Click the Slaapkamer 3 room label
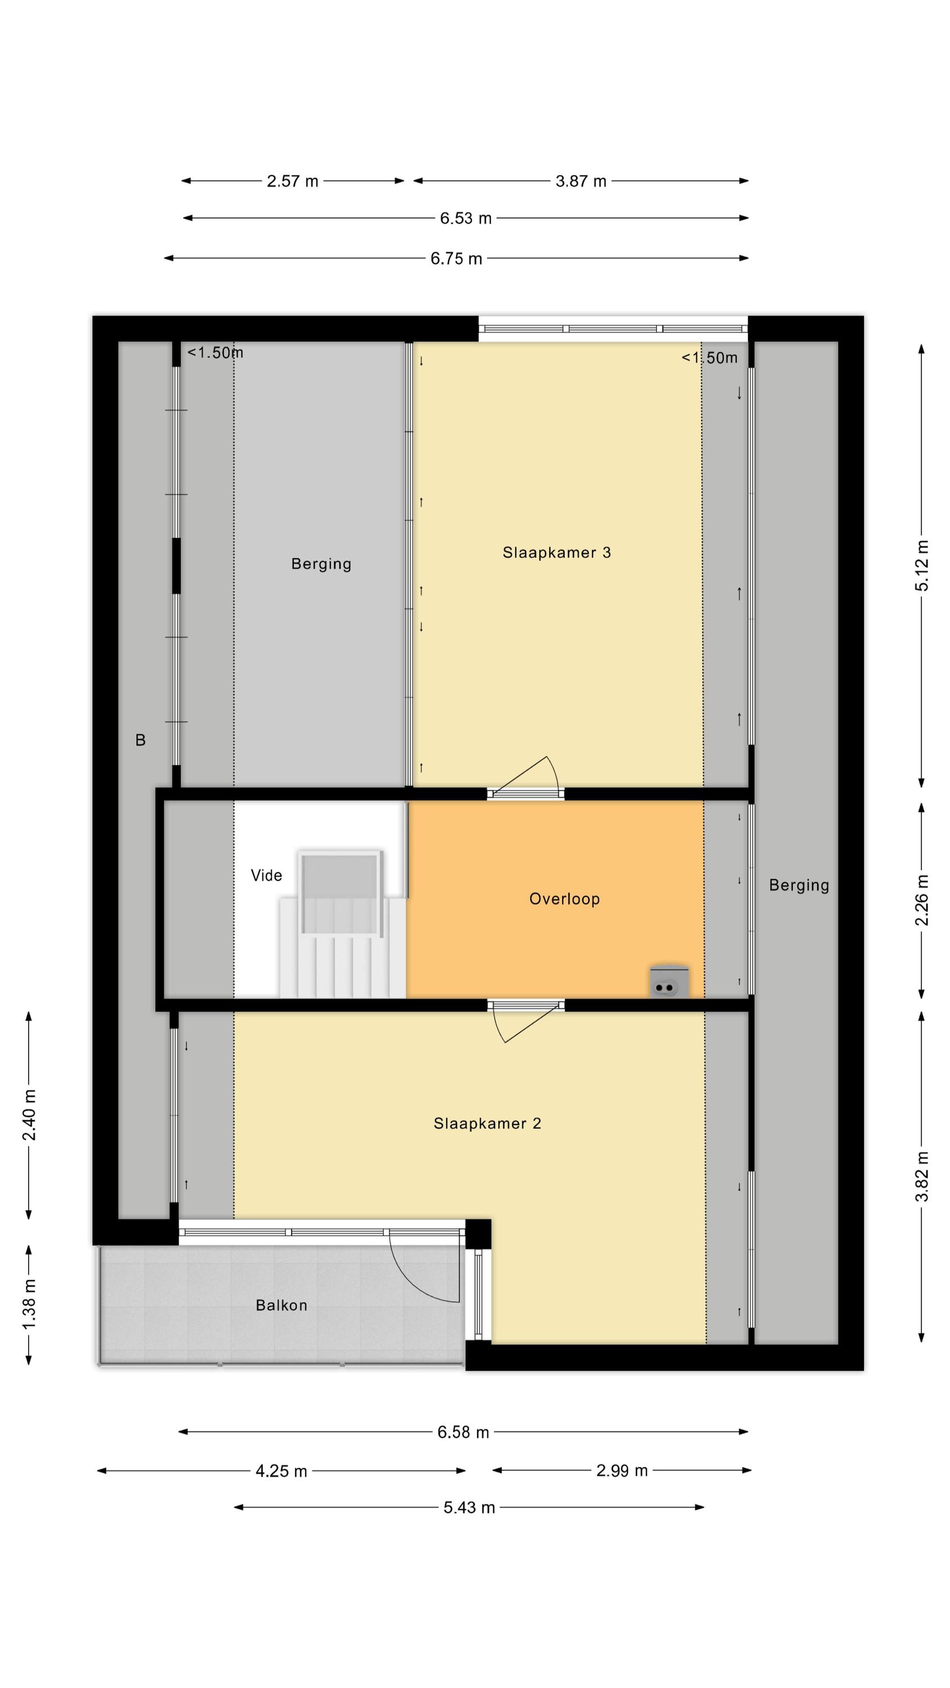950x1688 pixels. tap(556, 553)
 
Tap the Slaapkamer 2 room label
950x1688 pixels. tap(487, 1123)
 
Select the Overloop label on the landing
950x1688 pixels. tap(564, 899)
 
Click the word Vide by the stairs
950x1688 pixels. tap(266, 876)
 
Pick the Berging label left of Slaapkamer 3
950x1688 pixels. tap(321, 564)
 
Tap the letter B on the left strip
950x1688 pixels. tap(140, 740)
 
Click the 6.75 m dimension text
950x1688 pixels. tap(456, 259)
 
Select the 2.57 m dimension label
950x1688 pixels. tap(293, 182)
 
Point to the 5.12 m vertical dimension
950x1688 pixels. tap(922, 565)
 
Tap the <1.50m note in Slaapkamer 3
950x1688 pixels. tap(709, 358)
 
